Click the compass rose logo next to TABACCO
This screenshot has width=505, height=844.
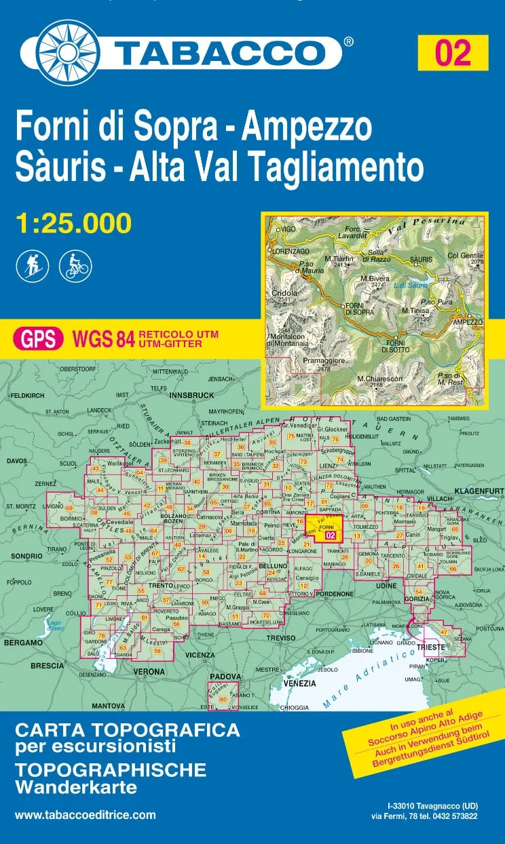click(68, 48)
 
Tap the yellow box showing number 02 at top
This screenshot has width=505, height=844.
click(453, 52)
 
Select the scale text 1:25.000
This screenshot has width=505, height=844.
click(73, 222)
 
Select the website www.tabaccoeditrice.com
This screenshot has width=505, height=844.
click(85, 815)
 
